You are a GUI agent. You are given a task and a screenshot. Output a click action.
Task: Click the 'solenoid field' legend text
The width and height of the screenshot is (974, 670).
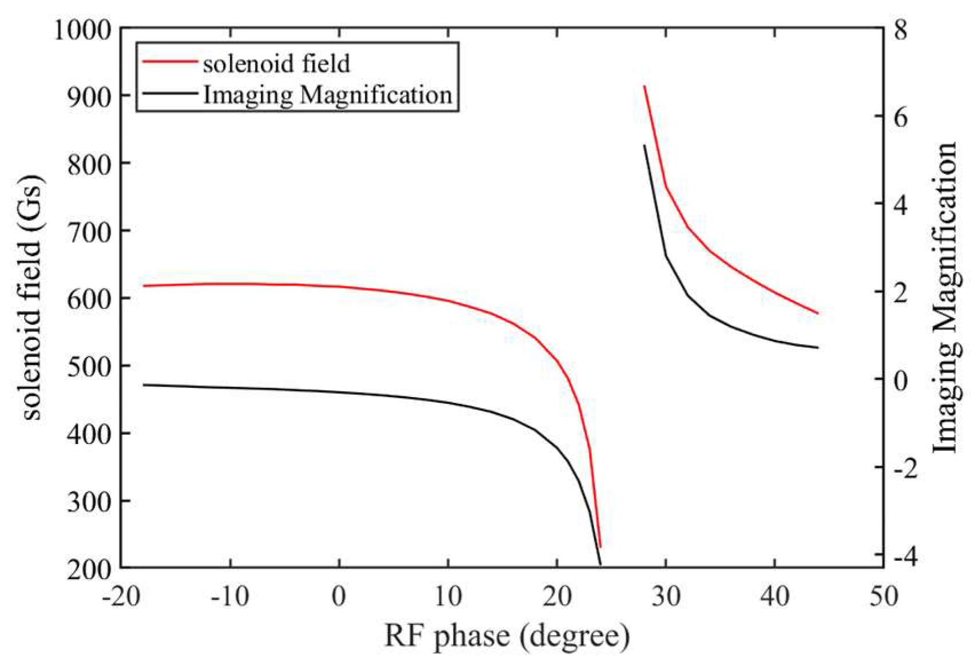(x=276, y=63)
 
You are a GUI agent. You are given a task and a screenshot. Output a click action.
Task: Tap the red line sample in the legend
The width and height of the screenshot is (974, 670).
(x=169, y=61)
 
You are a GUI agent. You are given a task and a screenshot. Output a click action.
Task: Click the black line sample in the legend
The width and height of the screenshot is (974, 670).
(x=169, y=93)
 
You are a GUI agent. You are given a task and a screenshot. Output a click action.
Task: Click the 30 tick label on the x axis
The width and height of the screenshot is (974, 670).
(x=666, y=596)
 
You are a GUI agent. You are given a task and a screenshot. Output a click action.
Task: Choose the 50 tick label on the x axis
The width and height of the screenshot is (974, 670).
(x=884, y=596)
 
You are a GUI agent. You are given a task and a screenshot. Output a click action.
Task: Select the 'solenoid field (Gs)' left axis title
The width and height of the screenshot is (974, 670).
(x=32, y=298)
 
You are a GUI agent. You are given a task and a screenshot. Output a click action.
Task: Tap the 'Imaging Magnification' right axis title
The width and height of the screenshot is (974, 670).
(x=946, y=298)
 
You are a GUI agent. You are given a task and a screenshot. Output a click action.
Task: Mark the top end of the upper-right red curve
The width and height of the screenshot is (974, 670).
(x=645, y=86)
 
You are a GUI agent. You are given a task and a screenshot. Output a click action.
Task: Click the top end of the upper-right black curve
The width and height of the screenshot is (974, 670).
(x=645, y=145)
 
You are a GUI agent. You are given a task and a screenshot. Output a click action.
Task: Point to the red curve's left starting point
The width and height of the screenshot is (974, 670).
(x=144, y=286)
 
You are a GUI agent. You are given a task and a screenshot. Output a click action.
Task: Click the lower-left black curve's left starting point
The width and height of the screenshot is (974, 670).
(x=144, y=384)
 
